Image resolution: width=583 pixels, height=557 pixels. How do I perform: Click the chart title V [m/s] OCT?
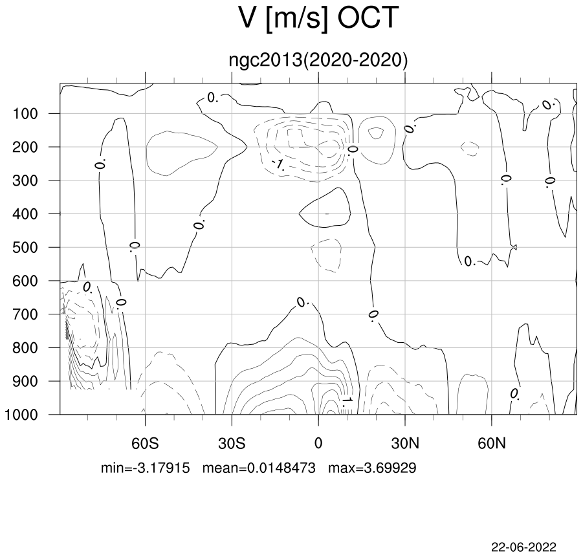(318, 19)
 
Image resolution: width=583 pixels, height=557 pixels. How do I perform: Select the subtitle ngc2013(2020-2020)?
(318, 60)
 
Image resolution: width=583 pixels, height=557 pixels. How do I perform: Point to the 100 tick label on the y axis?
(25, 113)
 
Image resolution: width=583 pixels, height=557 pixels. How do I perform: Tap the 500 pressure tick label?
(25, 247)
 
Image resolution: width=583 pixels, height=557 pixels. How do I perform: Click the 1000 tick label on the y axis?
(21, 415)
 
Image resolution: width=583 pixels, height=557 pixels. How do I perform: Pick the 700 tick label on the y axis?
(25, 314)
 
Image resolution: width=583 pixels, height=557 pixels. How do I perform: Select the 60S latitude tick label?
(145, 443)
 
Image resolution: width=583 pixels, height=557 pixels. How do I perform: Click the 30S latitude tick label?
(232, 443)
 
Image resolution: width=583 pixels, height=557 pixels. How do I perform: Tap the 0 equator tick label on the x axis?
(318, 443)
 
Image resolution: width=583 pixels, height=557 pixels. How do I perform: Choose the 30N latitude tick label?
(405, 443)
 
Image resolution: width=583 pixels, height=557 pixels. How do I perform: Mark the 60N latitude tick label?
(492, 443)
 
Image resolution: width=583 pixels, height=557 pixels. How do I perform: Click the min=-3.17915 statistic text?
(146, 468)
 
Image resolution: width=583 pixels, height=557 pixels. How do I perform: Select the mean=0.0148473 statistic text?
(259, 468)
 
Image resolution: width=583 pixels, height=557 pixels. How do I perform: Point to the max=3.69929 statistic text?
(372, 468)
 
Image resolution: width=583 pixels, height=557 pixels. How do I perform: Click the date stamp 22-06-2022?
(524, 547)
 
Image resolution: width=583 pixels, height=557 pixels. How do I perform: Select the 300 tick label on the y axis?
(25, 180)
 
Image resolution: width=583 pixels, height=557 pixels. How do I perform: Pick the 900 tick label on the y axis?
(25, 381)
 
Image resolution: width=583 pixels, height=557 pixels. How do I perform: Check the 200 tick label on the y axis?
(25, 147)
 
